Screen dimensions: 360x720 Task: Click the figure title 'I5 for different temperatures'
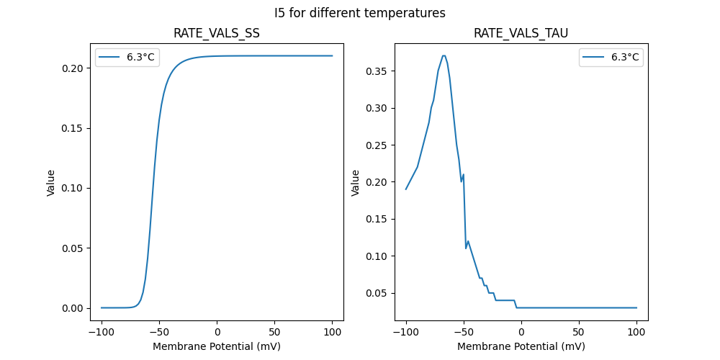360,13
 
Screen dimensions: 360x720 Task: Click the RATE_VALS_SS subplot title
217,33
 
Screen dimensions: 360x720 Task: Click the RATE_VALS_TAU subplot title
521,33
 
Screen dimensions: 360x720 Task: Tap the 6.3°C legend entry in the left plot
126,57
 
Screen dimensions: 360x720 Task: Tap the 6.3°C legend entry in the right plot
611,57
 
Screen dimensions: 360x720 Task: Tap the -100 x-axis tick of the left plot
102,331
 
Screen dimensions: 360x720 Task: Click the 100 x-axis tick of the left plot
333,331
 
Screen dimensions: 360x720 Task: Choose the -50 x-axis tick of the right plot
464,331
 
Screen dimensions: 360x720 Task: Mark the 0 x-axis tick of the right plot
521,331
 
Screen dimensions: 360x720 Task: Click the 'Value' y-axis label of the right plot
355,182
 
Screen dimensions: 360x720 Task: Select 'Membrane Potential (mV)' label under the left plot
217,346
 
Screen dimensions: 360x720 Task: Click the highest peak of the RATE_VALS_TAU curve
444,55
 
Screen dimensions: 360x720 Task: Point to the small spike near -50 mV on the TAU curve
463,174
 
